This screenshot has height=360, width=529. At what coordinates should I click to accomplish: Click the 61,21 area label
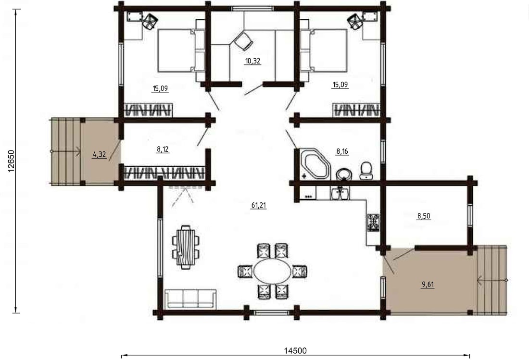(258, 205)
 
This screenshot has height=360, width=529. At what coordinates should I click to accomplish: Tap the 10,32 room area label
(252, 61)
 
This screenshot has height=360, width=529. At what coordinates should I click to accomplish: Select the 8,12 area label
(163, 149)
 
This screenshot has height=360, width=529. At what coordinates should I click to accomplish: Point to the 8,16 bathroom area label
(342, 151)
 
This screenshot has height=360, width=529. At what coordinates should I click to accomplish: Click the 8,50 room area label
(424, 216)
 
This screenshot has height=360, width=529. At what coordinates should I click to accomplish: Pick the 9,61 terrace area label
(428, 285)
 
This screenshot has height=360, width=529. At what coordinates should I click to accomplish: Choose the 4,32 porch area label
(100, 155)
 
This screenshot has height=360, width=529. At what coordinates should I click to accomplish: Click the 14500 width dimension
(295, 350)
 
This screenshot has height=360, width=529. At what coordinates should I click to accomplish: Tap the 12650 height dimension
(11, 161)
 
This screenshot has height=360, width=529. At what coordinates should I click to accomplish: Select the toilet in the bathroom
(366, 170)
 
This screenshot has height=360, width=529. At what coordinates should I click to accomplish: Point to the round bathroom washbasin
(344, 174)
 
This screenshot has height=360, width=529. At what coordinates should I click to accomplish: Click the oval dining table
(272, 272)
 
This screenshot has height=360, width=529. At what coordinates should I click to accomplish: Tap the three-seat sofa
(190, 298)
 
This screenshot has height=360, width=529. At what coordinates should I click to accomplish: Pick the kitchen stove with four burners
(373, 223)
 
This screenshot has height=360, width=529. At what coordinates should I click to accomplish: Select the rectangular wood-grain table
(185, 247)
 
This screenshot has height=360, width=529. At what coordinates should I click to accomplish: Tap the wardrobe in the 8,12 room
(164, 173)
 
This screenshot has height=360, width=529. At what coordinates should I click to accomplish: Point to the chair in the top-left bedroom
(150, 21)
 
